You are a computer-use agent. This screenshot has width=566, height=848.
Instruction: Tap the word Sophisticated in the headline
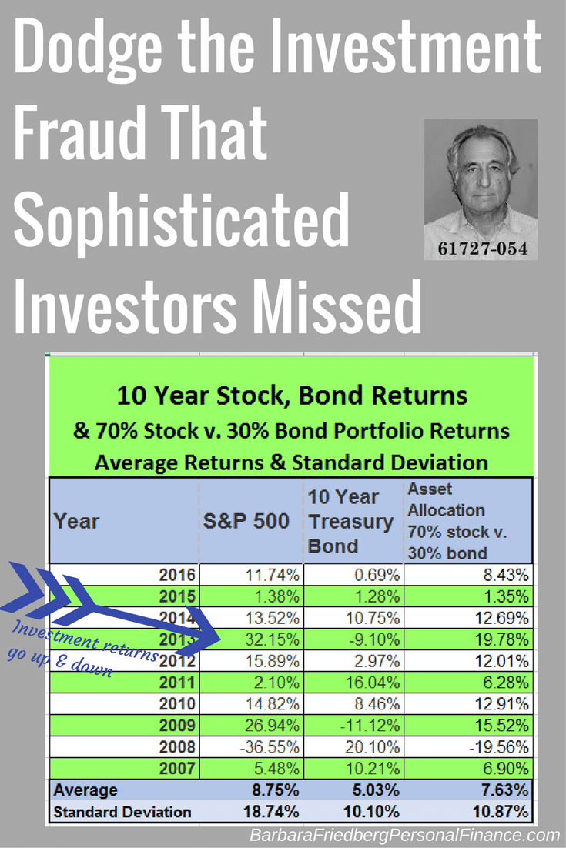pyautogui.click(x=181, y=222)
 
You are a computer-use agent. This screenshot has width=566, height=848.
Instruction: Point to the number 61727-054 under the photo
pyautogui.click(x=482, y=249)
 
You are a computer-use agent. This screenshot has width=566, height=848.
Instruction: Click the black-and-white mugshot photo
pyautogui.click(x=481, y=189)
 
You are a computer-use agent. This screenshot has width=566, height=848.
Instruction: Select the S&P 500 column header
pyautogui.click(x=246, y=521)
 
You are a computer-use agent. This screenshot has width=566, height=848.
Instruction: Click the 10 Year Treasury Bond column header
pyautogui.click(x=350, y=522)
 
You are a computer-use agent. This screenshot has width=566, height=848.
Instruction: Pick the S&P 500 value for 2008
pyautogui.click(x=270, y=747)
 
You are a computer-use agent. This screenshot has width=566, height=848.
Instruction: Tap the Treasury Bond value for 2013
pyautogui.click(x=374, y=639)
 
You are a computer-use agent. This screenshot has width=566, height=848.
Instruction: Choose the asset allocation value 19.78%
pyautogui.click(x=501, y=639)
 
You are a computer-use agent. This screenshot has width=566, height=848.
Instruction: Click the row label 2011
pyautogui.click(x=177, y=683)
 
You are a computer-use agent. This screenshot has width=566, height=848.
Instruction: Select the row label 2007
pyautogui.click(x=177, y=769)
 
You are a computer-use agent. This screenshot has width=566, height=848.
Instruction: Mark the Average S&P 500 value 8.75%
pyautogui.click(x=276, y=790)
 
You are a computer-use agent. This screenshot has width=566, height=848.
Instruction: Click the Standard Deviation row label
pyautogui.click(x=122, y=812)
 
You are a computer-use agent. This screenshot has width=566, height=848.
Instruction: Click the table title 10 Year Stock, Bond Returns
pyautogui.click(x=292, y=396)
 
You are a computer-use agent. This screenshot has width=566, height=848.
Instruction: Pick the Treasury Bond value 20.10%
pyautogui.click(x=372, y=747)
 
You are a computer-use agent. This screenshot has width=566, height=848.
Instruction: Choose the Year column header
pyautogui.click(x=76, y=522)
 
